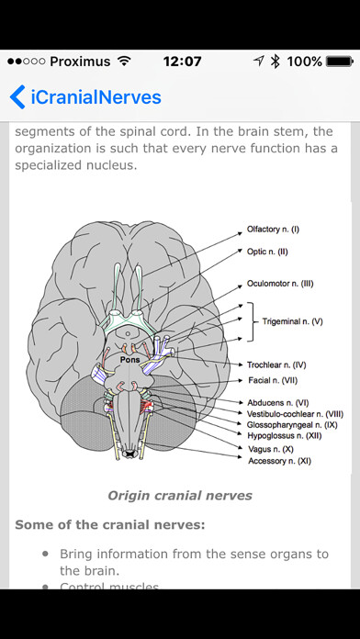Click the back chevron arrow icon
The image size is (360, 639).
point(17,96)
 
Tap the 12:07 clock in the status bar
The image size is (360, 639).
point(181,62)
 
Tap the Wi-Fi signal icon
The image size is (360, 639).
point(121,62)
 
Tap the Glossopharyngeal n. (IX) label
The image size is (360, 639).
point(291,425)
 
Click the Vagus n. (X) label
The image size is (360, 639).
point(270,450)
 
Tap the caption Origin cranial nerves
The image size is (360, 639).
point(180,496)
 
